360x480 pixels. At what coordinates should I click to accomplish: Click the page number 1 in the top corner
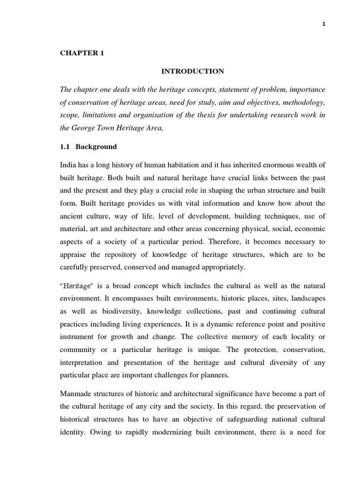323,25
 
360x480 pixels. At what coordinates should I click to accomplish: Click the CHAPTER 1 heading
82,53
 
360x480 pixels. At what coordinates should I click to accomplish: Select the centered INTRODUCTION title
193,71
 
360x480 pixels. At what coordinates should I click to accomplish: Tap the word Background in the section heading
96,147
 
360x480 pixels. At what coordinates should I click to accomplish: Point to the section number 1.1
65,147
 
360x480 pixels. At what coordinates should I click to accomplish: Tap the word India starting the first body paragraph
68,165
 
